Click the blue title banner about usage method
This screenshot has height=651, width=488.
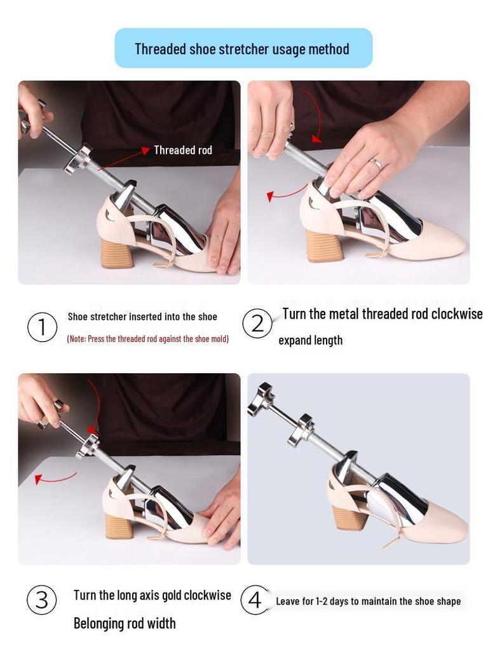[243, 48]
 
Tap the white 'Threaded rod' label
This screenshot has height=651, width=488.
[183, 150]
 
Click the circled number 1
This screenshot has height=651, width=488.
[42, 327]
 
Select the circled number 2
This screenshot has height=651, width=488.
[257, 324]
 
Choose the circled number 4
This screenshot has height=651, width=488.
[255, 600]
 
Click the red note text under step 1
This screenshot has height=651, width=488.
[147, 339]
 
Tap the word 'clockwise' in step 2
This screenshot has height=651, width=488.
[457, 314]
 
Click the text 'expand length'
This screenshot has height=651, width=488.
[310, 340]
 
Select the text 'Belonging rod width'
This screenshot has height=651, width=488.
[125, 623]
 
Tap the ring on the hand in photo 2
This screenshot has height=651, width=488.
[376, 164]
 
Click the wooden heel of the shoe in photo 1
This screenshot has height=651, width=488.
[116, 252]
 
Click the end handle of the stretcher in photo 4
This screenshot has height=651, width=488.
[261, 400]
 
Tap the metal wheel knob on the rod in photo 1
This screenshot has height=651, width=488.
[77, 160]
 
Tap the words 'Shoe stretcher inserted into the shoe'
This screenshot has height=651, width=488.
[142, 317]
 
